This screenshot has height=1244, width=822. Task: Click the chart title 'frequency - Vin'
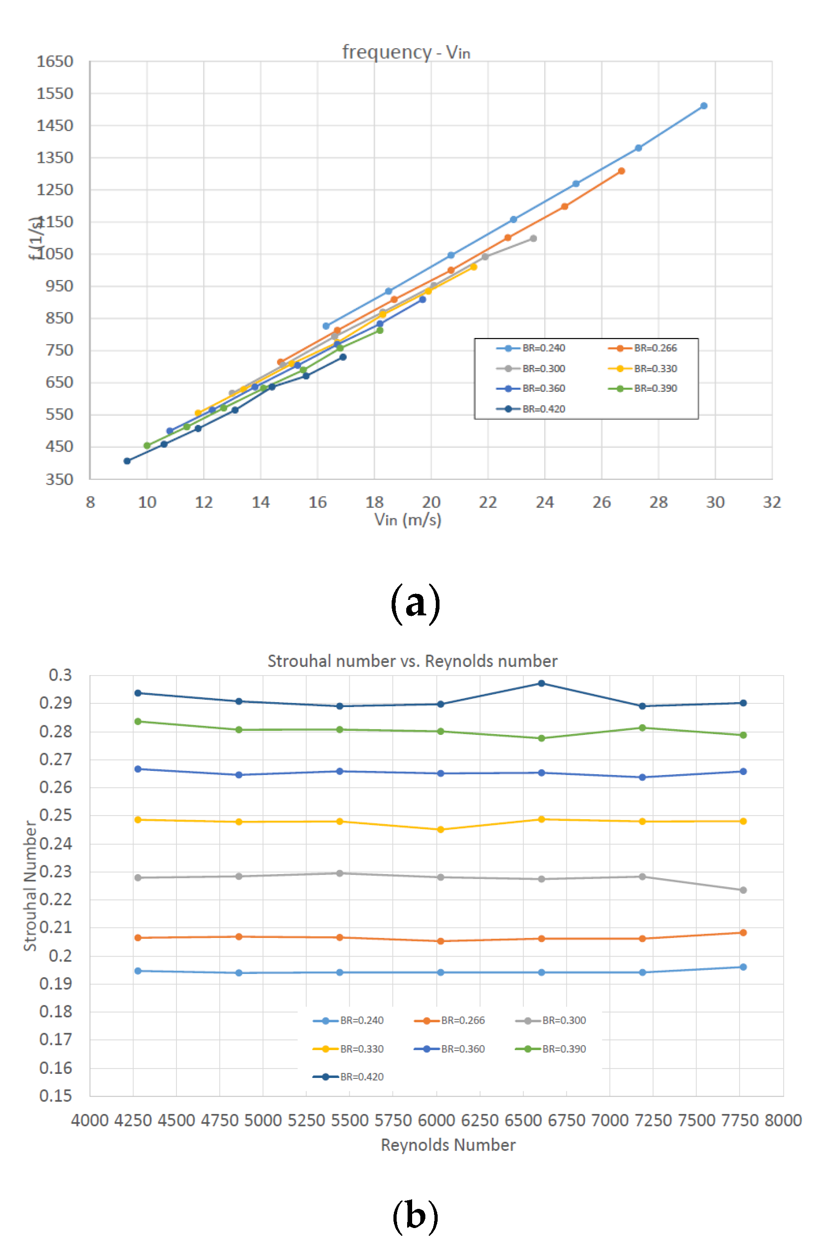pyautogui.click(x=406, y=52)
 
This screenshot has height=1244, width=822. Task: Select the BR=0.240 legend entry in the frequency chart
pyautogui.click(x=531, y=348)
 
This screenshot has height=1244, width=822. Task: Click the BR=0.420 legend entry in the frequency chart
pyautogui.click(x=531, y=409)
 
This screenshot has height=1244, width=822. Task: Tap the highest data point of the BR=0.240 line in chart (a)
pyautogui.click(x=703, y=106)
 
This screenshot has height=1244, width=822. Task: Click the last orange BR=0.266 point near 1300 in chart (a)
pyautogui.click(x=621, y=171)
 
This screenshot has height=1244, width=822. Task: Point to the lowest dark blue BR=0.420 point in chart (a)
pyautogui.click(x=127, y=461)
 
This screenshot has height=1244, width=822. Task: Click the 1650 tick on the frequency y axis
pyautogui.click(x=55, y=62)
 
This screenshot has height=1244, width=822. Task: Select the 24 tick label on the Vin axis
pyautogui.click(x=545, y=502)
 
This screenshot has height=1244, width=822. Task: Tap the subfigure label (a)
pyautogui.click(x=415, y=603)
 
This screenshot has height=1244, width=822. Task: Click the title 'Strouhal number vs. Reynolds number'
pyautogui.click(x=412, y=661)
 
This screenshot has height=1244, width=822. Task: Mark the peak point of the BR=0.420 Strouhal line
pyautogui.click(x=542, y=683)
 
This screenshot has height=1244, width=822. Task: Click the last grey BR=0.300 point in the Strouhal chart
pyautogui.click(x=743, y=890)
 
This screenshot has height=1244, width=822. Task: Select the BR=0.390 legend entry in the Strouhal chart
pyautogui.click(x=551, y=1049)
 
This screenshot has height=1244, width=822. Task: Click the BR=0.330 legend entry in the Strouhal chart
pyautogui.click(x=349, y=1049)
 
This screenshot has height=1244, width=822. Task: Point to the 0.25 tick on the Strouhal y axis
pyautogui.click(x=56, y=816)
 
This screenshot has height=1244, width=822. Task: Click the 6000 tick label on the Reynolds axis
pyautogui.click(x=437, y=1121)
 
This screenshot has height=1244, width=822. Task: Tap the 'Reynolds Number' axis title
pyautogui.click(x=448, y=1145)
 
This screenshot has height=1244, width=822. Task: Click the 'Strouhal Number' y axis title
pyautogui.click(x=30, y=886)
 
